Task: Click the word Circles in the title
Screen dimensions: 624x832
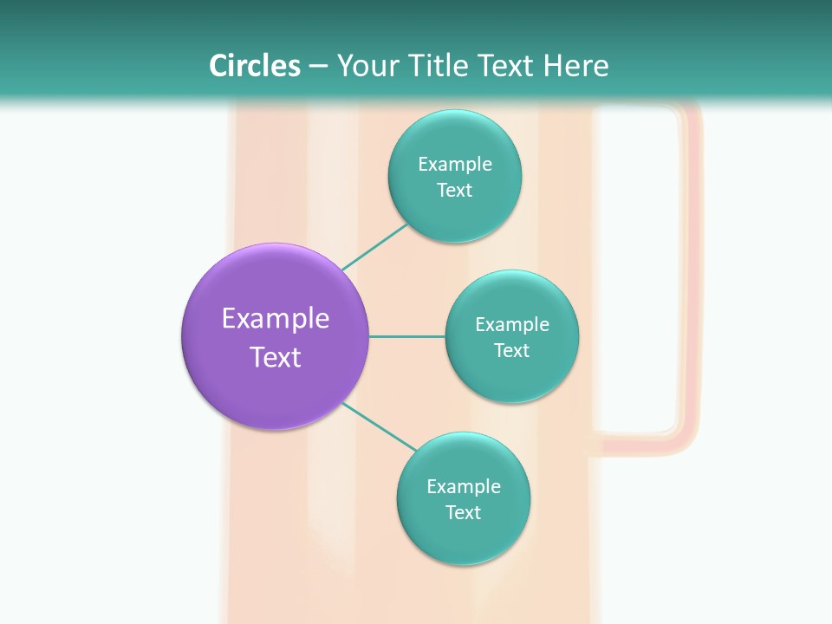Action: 255,66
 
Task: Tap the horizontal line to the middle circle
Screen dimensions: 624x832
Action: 406,336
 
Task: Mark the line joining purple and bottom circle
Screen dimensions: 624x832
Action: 380,427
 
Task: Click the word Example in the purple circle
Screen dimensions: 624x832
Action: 276,319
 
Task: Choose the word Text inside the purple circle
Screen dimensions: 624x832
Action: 276,357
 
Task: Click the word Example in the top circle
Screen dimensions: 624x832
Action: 455,165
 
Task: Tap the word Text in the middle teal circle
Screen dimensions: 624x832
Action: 511,351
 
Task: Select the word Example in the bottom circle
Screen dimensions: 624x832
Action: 464,487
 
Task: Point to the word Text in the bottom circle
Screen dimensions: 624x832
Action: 463,513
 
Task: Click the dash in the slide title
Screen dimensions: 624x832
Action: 318,67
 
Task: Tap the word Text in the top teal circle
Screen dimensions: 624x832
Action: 454,191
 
